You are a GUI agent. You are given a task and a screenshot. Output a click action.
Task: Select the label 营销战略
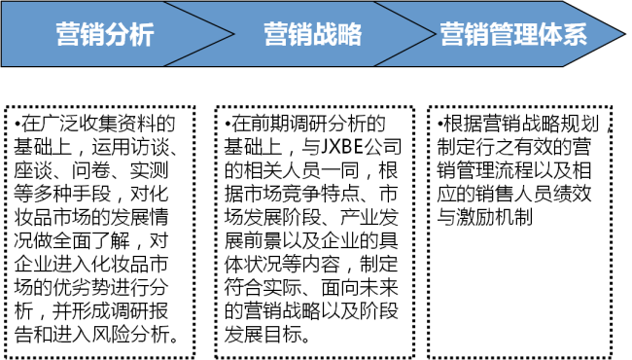[x=313, y=35]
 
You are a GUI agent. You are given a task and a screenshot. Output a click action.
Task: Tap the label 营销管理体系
[x=513, y=35]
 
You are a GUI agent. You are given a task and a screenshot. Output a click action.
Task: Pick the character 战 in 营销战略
[x=326, y=35]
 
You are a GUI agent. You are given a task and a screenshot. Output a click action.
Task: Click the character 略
[x=350, y=35]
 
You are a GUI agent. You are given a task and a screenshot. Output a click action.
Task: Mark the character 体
[x=550, y=35]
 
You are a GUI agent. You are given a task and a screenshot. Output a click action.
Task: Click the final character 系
[x=575, y=35]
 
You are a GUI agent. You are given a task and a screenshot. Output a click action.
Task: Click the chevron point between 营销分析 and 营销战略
[x=233, y=34]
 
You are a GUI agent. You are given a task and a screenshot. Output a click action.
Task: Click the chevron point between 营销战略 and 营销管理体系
[x=435, y=34]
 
